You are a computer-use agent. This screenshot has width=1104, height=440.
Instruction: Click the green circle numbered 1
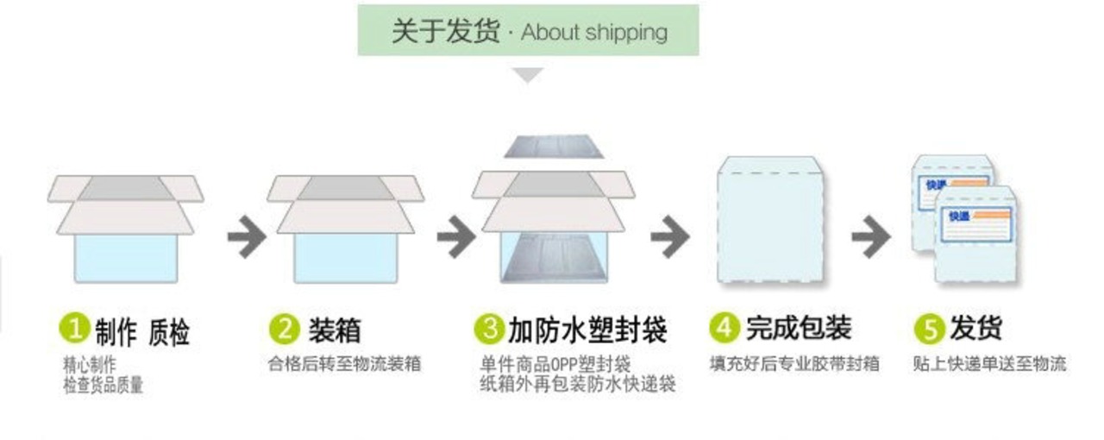pos(75,329)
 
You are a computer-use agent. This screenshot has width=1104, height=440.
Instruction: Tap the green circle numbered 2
pos(285,329)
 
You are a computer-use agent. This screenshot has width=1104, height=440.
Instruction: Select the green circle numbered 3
pos(489,329)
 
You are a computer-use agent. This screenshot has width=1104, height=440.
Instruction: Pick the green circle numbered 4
pos(724,327)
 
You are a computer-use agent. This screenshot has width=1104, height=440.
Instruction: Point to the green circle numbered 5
pos(929,329)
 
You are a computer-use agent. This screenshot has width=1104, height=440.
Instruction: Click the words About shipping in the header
pos(594,33)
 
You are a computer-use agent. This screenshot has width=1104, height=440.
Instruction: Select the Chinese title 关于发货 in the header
pos(445,31)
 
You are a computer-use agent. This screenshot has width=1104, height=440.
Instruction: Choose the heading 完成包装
pos(799,328)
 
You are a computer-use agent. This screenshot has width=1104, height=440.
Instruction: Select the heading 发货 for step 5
pos(975,329)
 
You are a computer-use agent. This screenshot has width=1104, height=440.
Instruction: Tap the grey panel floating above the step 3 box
pos(554,146)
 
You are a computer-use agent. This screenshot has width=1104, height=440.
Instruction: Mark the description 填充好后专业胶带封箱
pos(794,363)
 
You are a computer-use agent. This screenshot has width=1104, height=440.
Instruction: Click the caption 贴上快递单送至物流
pos(989,363)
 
